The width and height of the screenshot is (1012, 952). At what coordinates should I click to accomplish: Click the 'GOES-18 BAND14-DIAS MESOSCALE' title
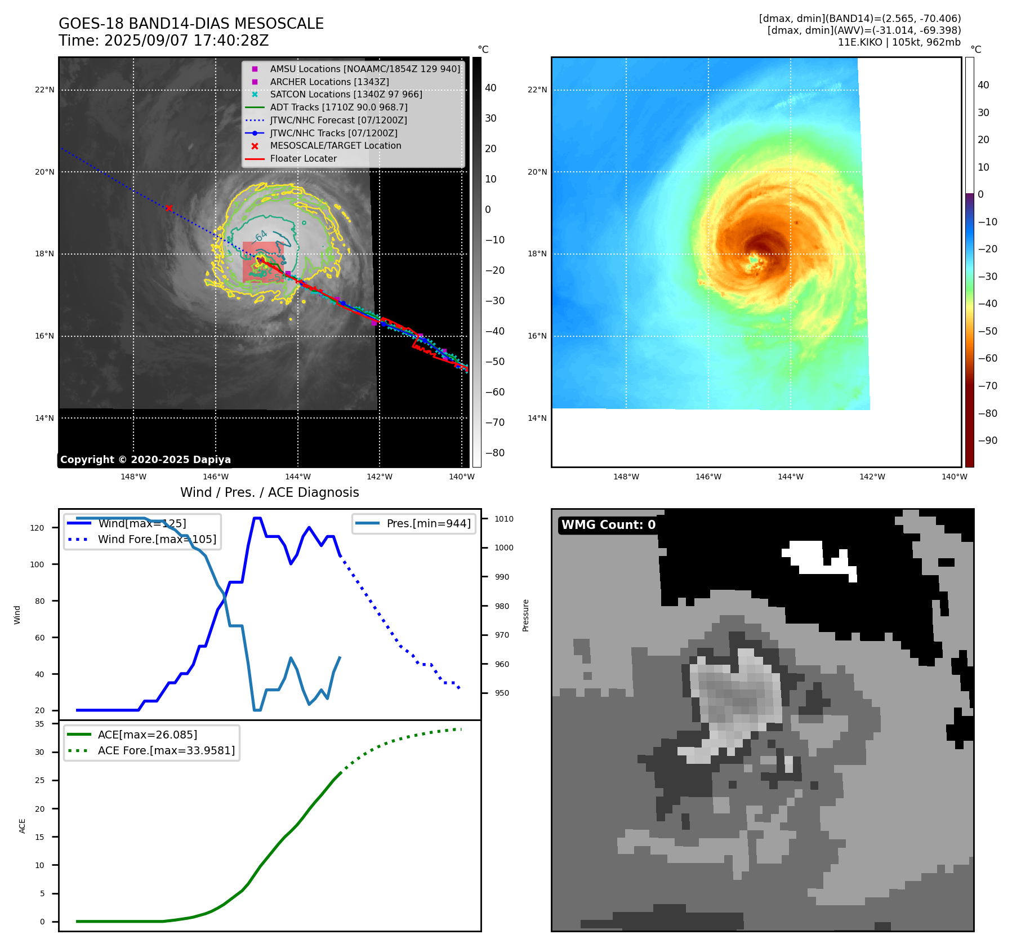click(x=191, y=24)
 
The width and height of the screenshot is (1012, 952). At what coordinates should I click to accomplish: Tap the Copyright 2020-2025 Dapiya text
click(x=145, y=460)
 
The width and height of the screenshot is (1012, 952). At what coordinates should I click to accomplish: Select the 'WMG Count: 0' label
click(x=608, y=525)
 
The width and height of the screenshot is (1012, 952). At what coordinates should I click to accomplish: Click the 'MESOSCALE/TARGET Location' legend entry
click(x=335, y=146)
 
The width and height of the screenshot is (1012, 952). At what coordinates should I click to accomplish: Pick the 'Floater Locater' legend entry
click(x=303, y=159)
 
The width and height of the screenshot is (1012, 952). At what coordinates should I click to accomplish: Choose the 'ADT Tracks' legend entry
click(x=338, y=107)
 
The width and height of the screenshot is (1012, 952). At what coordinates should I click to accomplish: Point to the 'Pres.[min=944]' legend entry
click(x=428, y=523)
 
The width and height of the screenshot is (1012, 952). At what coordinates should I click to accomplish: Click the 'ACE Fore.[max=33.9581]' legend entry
click(x=166, y=750)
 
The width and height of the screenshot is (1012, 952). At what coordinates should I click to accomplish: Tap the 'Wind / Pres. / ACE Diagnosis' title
click(x=269, y=492)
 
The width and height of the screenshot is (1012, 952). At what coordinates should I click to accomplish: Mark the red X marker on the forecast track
click(x=169, y=208)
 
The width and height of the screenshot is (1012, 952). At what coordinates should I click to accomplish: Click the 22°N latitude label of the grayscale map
click(x=44, y=90)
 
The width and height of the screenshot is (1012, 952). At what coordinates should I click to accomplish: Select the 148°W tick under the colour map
click(x=626, y=477)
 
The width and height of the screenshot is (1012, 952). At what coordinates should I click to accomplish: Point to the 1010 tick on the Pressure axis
click(x=504, y=519)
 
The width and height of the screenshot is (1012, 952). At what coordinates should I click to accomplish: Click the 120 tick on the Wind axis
click(x=37, y=528)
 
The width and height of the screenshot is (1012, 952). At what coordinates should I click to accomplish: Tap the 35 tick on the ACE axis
click(x=39, y=724)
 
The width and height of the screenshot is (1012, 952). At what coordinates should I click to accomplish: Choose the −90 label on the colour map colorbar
click(x=987, y=441)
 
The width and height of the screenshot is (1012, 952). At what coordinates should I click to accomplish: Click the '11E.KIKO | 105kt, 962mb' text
click(x=899, y=42)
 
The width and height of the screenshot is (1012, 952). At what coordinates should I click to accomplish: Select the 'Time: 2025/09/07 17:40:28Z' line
click(x=163, y=41)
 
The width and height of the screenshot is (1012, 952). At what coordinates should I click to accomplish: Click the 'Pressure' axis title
click(x=525, y=615)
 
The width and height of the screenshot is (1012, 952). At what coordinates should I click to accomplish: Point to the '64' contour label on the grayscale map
click(x=261, y=236)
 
